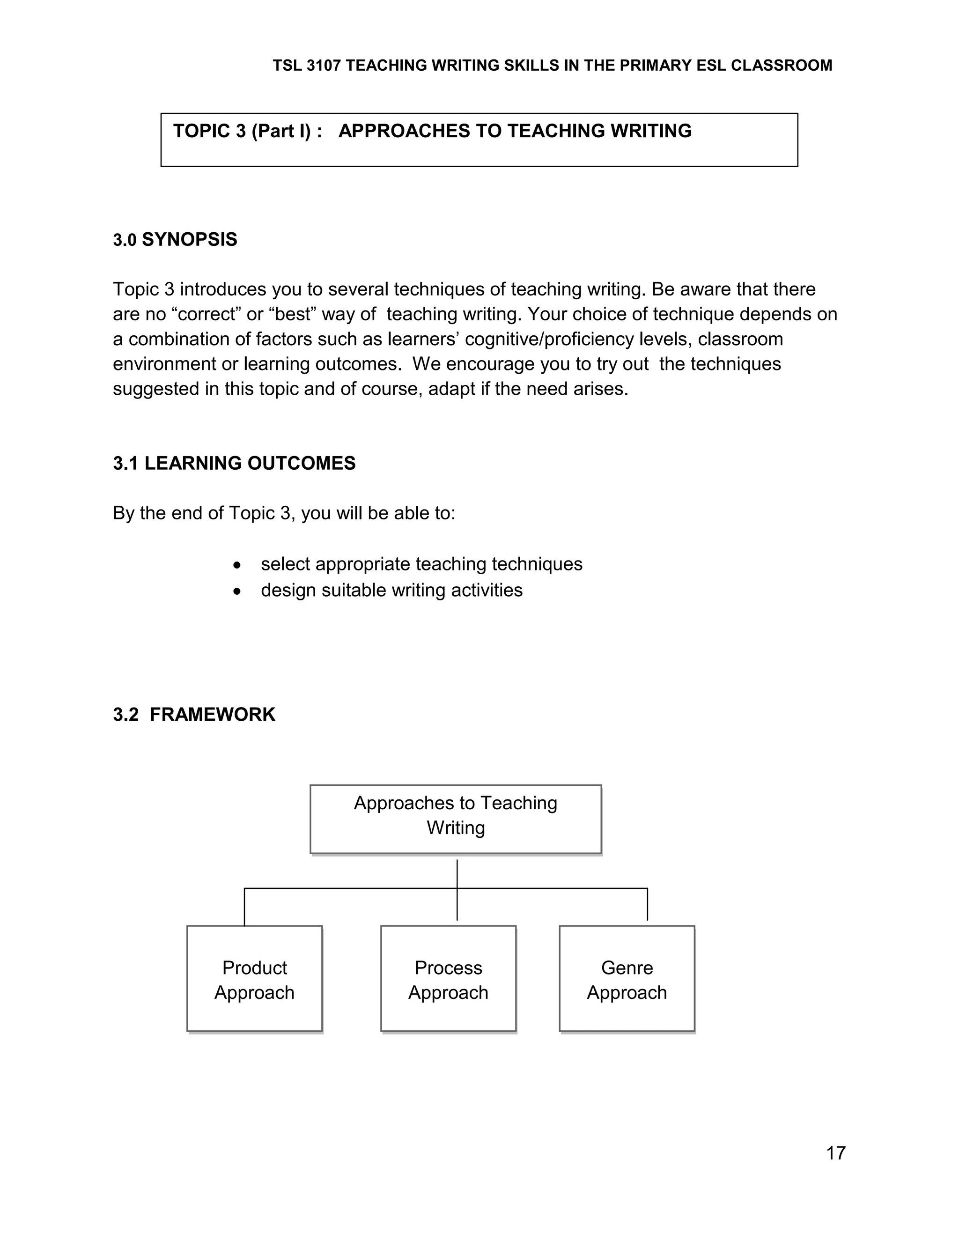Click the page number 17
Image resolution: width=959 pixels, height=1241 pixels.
point(836,1153)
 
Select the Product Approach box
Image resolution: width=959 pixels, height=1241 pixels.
point(255,980)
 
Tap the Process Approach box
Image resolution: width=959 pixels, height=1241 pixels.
point(448,980)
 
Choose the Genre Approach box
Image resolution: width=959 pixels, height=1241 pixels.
point(627,980)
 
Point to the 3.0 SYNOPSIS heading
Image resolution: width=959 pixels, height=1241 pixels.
point(175,240)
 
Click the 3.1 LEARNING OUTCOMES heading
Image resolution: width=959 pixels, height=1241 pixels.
point(234,463)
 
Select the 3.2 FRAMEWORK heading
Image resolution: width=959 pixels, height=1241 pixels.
point(194,714)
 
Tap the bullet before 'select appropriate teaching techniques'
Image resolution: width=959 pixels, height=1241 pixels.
point(237,565)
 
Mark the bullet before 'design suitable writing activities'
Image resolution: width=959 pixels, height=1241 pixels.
point(237,591)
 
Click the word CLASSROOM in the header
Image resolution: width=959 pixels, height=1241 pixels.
point(781,66)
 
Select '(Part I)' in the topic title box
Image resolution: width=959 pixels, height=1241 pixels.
point(281,131)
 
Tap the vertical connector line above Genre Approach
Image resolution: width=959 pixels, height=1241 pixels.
point(648,903)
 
